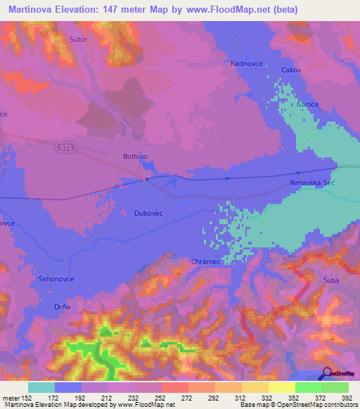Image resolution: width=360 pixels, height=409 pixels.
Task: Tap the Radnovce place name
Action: click(x=246, y=63)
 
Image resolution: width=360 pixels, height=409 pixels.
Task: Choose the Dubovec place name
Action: click(x=148, y=212)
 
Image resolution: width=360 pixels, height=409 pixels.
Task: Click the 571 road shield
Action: click(x=65, y=145)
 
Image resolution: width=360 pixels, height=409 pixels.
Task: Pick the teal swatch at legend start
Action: click(x=41, y=387)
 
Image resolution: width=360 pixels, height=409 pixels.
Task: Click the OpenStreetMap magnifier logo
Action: click(x=327, y=374)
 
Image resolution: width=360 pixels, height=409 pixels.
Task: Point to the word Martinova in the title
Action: click(x=34, y=10)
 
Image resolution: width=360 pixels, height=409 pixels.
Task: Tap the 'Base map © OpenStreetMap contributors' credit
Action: click(x=297, y=405)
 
